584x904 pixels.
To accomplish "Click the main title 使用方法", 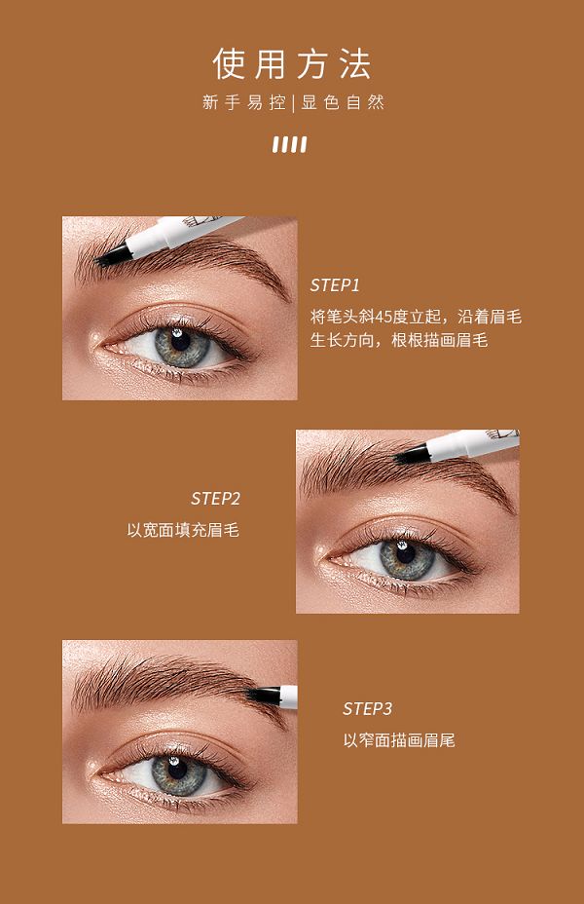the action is tap(292, 63).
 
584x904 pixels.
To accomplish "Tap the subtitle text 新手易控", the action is tap(244, 102).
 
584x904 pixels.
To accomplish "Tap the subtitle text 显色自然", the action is tap(343, 102).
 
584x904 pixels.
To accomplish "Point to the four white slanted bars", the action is tap(290, 144).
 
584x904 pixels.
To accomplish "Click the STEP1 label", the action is tap(335, 284).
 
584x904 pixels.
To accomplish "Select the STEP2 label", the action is tap(215, 498).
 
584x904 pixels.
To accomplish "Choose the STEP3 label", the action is tap(368, 708).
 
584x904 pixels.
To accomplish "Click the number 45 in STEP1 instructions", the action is tap(383, 318).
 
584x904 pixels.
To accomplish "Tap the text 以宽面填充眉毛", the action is tap(183, 530).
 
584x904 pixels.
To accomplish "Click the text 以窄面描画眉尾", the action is tap(399, 740).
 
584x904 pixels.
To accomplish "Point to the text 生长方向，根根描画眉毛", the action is tap(399, 340).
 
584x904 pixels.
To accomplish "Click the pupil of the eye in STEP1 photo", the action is tap(181, 341).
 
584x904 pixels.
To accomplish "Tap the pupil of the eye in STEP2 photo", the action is tap(406, 553).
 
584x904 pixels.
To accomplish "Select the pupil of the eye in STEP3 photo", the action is tap(177, 768).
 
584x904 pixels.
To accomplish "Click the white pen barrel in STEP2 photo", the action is tap(472, 444).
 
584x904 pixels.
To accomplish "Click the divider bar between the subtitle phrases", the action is tap(293, 103).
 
